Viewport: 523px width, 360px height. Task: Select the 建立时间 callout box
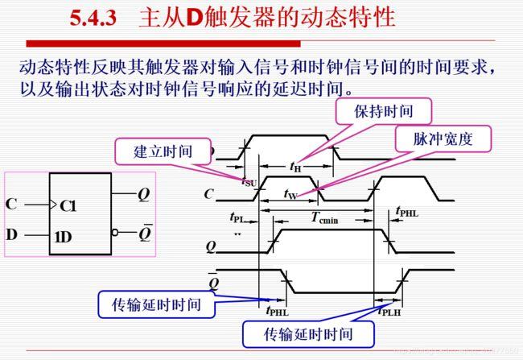point(164,151)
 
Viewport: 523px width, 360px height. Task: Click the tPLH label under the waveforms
point(390,312)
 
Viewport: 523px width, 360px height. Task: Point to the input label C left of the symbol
point(11,204)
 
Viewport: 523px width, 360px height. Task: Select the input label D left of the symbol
point(11,234)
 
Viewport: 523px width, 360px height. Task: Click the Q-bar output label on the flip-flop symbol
point(145,233)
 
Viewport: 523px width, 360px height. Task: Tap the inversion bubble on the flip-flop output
point(116,234)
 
